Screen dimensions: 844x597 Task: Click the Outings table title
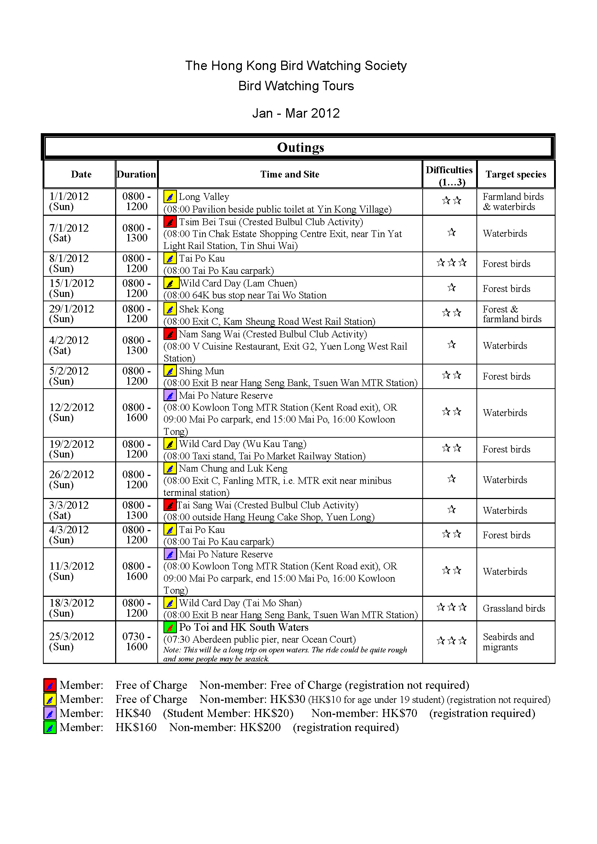coord(300,148)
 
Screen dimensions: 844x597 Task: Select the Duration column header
coord(136,174)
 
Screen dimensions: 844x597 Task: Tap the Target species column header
coord(515,174)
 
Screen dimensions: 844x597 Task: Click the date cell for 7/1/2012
coord(69,233)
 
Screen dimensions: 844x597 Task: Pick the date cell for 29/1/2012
coord(71,314)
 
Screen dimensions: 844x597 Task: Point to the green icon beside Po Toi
coord(170,627)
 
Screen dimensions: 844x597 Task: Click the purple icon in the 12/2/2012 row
coord(170,395)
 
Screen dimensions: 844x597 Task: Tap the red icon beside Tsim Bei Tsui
coord(170,222)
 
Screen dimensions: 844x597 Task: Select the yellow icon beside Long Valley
coord(170,197)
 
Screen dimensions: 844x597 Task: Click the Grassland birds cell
coord(514,608)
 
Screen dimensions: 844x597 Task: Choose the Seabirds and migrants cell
coord(508,642)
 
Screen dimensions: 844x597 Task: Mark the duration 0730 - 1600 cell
coord(136,642)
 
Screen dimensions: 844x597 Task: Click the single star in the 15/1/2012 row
coord(452,288)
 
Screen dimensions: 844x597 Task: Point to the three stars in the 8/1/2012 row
coord(452,263)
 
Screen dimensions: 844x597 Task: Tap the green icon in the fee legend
coord(50,727)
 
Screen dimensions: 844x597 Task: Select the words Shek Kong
coord(201,310)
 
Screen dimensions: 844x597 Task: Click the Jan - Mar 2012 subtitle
coord(296,113)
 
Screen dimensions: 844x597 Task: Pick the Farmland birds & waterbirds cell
coord(513,201)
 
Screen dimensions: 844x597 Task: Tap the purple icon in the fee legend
coord(50,713)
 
